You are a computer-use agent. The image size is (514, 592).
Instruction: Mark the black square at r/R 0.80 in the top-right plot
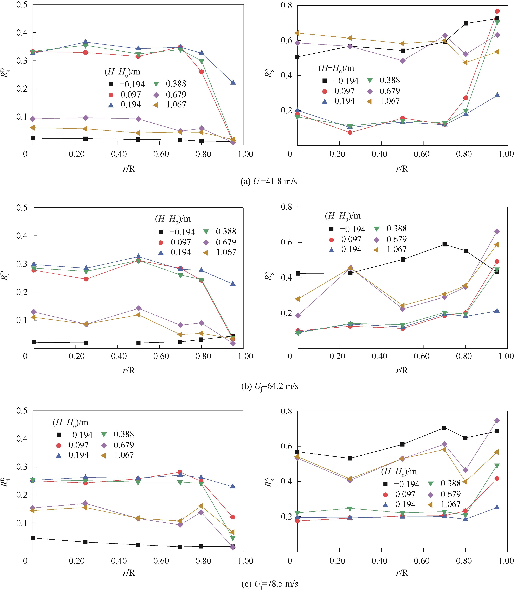[x=466, y=23]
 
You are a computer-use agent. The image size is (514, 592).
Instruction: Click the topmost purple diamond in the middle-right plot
[x=497, y=231]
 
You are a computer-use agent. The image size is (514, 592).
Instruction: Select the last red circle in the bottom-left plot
[x=233, y=517]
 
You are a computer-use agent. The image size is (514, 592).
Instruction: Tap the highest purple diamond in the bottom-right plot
[x=497, y=420]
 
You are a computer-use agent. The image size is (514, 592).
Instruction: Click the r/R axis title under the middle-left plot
[x=129, y=370]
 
